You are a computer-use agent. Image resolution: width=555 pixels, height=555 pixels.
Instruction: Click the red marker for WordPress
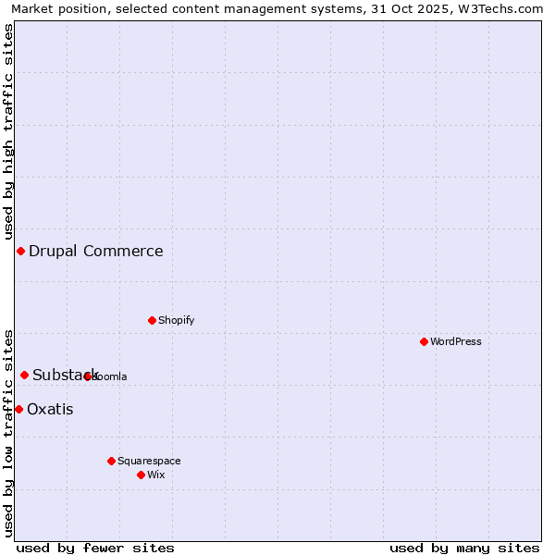tap(425, 341)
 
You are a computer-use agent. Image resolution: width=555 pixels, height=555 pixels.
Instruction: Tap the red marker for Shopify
tap(152, 320)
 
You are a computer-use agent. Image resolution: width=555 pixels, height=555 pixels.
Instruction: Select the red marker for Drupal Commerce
tap(20, 251)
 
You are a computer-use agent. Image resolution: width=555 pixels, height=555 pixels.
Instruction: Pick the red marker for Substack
tap(25, 375)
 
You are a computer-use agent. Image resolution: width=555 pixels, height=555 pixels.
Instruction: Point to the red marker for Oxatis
tap(18, 409)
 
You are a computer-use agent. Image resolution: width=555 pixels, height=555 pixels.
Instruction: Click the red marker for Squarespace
tap(111, 461)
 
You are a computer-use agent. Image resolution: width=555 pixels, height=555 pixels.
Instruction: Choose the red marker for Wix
tap(141, 475)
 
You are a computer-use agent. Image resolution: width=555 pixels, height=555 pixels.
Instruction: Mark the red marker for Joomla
tap(88, 376)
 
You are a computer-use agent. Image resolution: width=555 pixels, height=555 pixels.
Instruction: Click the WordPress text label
tap(456, 341)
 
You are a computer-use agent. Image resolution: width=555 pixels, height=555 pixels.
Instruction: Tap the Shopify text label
tap(176, 320)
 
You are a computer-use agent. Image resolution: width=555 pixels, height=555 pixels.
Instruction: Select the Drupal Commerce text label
tap(96, 251)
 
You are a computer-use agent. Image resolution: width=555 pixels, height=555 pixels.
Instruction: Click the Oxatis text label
tap(50, 409)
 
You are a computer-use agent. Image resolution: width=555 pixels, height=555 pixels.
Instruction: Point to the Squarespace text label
tap(149, 461)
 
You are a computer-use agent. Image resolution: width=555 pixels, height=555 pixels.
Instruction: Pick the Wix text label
tap(156, 475)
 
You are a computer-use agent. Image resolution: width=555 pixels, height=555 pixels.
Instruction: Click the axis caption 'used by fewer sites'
tap(95, 548)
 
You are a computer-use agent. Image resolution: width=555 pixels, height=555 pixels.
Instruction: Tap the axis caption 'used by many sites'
tap(464, 548)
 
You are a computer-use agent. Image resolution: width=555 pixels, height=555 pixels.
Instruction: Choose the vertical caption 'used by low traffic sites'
tap(8, 433)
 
